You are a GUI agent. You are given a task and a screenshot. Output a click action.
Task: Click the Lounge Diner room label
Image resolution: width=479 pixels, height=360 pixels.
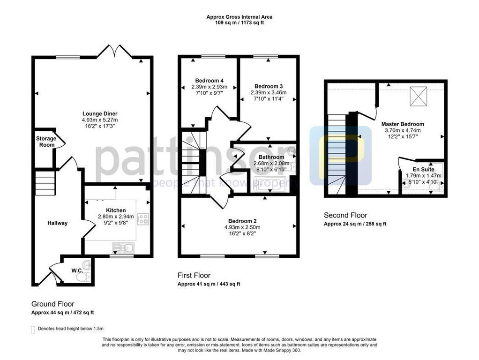[x=100, y=113]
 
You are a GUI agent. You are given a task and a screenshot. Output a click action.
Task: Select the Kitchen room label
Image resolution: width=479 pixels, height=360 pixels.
[x=115, y=210]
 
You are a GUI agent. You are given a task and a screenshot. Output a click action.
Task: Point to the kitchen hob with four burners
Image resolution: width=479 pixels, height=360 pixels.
[x=142, y=218]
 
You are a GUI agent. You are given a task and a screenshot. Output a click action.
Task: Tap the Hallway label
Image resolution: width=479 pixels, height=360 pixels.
[x=57, y=223]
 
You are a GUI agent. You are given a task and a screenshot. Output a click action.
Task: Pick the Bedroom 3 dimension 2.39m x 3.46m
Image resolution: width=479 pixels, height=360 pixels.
[x=269, y=92]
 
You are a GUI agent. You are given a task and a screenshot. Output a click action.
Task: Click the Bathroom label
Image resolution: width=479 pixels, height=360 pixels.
[x=271, y=157]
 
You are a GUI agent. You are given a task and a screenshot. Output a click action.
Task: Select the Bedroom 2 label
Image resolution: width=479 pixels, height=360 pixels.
[x=242, y=221]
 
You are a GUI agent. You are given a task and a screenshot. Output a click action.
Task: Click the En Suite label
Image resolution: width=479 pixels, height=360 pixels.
[x=423, y=169]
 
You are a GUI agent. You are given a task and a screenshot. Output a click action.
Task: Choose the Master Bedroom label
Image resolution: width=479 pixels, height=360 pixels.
[x=403, y=124]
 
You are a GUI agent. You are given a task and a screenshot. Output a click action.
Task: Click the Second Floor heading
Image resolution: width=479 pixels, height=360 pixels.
[x=346, y=215]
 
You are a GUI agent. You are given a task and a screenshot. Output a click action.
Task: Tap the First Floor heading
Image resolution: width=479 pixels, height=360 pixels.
[x=194, y=276]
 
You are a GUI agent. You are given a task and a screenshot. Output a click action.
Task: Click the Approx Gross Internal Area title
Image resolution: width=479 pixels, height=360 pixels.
[x=239, y=17]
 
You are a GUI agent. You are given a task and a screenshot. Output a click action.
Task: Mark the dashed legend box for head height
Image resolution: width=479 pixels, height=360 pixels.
[x=33, y=329]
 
